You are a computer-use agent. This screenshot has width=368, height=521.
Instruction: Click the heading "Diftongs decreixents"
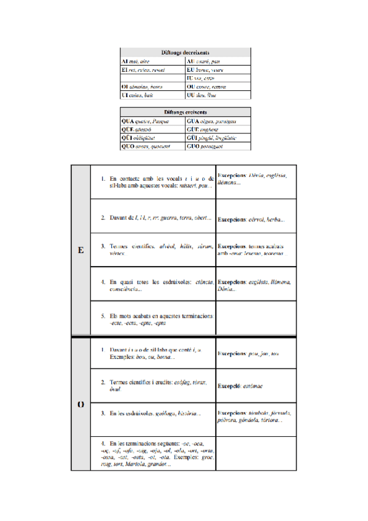pos(185,53)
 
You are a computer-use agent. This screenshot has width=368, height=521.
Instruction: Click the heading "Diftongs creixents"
pos(185,112)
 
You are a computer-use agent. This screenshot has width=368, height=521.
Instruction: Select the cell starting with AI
pos(152,61)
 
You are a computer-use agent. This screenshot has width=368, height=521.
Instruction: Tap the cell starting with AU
pos(217,61)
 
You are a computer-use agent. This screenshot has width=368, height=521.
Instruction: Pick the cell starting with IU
pos(217,79)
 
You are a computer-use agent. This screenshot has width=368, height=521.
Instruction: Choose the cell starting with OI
pos(152,87)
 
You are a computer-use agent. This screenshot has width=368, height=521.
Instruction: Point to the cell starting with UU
pos(217,96)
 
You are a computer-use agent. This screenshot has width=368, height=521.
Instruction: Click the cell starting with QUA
pos(152,121)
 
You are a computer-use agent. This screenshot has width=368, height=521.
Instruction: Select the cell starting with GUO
pos(217,147)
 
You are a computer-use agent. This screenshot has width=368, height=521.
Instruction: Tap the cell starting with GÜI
pos(217,138)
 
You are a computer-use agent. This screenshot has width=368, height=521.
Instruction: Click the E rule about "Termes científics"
pos(157,249)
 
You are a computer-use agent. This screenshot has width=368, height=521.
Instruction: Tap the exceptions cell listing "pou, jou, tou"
pos(256,355)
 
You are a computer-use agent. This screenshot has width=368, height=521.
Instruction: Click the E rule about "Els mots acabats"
pos(157,319)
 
